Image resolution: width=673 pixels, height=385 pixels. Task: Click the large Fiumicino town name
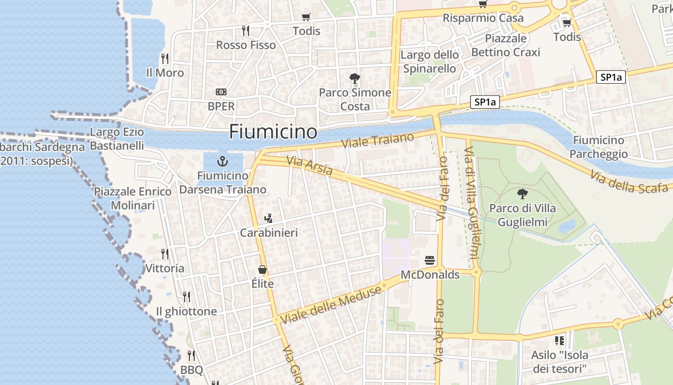point(273,132)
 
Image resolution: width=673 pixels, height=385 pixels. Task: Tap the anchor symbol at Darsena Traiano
point(223,161)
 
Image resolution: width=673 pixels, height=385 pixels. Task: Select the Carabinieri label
point(269,233)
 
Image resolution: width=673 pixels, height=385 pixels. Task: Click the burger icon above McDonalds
point(430,261)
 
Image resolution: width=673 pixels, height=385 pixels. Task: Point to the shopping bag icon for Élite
point(262,269)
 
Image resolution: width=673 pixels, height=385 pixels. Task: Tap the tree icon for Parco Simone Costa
point(355,78)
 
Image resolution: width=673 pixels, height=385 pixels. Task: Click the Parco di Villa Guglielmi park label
point(522,215)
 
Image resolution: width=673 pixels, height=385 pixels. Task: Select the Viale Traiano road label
point(377,141)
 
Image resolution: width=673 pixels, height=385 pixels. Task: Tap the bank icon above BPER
point(221,91)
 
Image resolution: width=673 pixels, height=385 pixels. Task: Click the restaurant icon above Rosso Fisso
point(246,31)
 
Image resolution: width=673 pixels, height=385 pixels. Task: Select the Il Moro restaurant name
point(165,73)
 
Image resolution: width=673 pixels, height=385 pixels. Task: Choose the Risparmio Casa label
point(483,18)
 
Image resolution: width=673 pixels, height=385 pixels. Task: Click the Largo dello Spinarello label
point(429,62)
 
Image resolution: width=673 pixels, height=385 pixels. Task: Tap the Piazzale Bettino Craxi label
point(506,45)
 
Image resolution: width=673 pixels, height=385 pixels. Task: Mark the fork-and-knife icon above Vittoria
point(165,254)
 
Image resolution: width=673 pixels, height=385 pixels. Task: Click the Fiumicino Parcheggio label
point(598,147)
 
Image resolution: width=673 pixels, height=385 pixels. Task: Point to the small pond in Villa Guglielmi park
point(567,226)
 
